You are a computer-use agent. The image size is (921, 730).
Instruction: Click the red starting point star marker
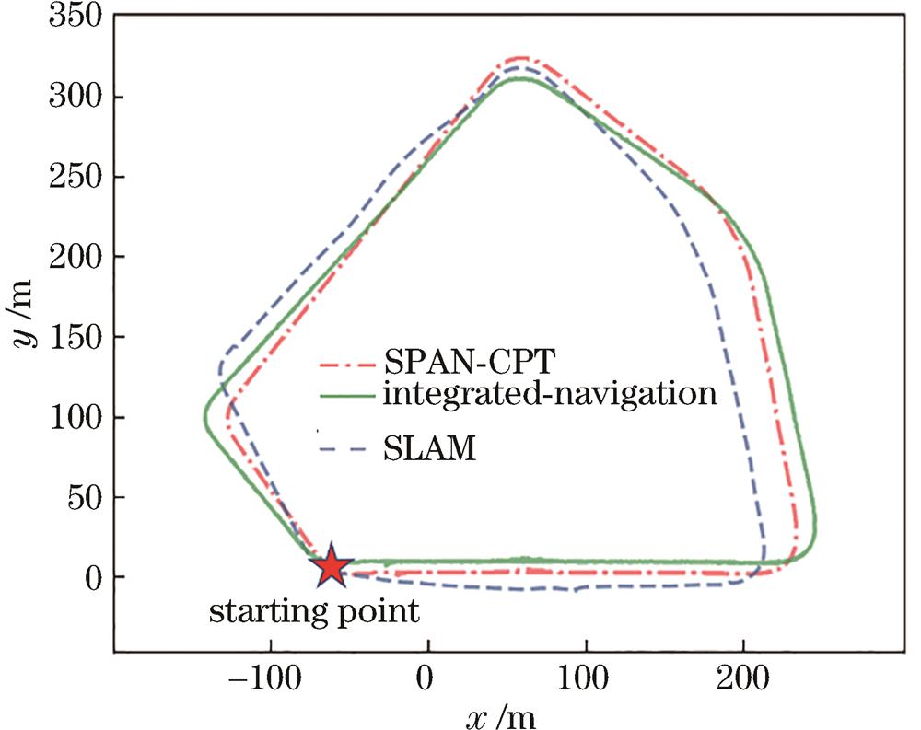pos(330,568)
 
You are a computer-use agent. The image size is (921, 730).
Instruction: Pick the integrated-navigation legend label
pos(548,395)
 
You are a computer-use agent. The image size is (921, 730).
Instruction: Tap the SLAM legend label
pos(426,449)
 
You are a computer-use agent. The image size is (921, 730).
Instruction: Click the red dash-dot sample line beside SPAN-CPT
pos(346,360)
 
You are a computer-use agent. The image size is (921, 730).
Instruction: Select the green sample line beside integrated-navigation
pos(346,396)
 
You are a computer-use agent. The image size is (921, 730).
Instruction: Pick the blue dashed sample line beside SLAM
pos(346,450)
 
